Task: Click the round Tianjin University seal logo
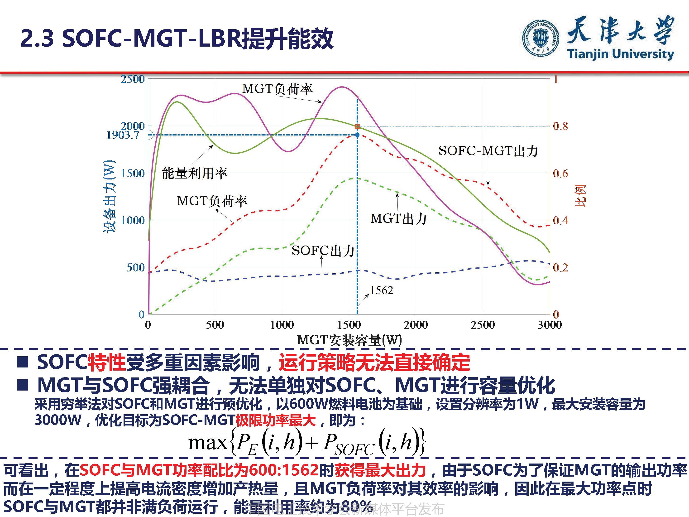[x=541, y=38]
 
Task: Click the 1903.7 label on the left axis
[x=123, y=135]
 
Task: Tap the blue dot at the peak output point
[x=357, y=135]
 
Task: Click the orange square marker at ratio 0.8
[x=357, y=126]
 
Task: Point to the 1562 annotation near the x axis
[x=381, y=290]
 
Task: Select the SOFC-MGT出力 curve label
[x=488, y=151]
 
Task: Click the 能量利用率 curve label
[x=194, y=173]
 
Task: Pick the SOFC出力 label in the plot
[x=323, y=251]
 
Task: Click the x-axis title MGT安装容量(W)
[x=349, y=340]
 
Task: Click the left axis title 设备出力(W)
[x=109, y=196]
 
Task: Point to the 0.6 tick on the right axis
[x=560, y=173]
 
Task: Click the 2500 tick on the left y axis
[x=132, y=79]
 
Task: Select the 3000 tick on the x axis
[x=550, y=325]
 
